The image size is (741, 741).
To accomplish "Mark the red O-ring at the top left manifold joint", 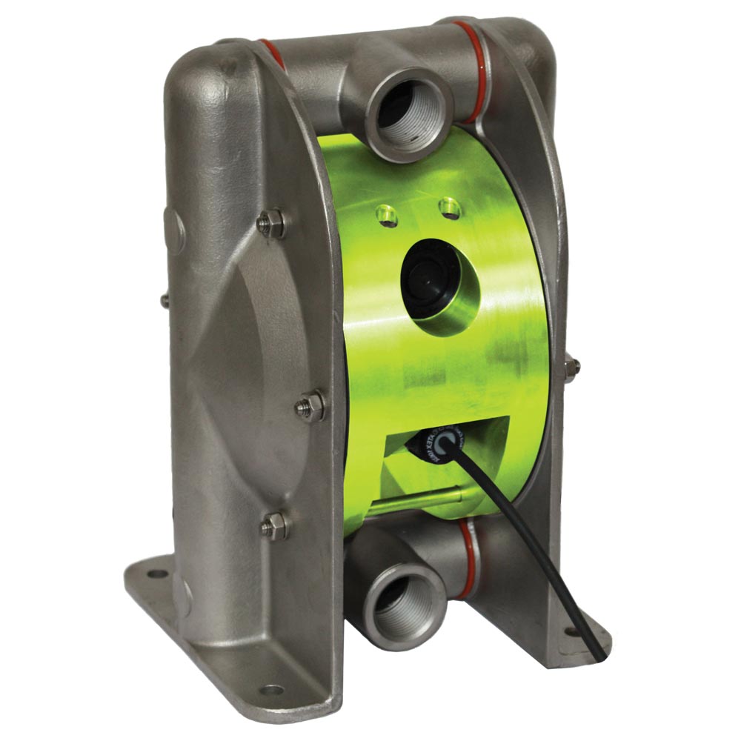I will [270, 53].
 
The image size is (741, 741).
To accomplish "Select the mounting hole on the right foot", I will [571, 632].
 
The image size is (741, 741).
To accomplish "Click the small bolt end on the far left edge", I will [163, 300].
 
